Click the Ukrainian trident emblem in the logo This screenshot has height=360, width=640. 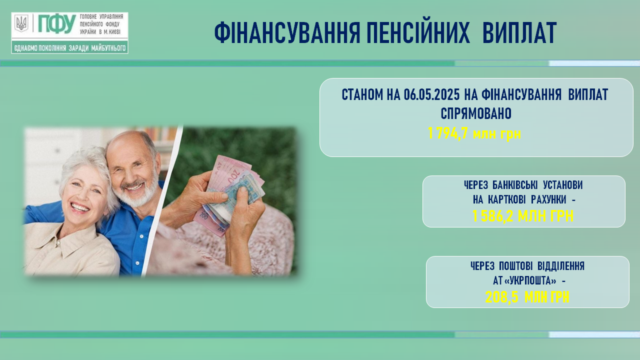tap(21, 23)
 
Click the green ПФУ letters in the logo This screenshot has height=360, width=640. tap(57, 23)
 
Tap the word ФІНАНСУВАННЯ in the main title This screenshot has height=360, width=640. tap(287, 33)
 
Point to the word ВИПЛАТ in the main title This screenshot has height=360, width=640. tap(519, 33)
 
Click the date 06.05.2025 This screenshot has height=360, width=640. tap(431, 95)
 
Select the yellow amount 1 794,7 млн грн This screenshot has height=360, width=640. tap(474, 133)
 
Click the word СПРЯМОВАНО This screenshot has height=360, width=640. tap(476, 113)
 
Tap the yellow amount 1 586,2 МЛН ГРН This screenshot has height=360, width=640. tap(523, 216)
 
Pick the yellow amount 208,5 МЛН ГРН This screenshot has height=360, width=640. tap(527, 297)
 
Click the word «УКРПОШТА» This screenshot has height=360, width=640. tap(530, 281)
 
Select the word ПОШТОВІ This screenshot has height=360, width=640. tap(515, 266)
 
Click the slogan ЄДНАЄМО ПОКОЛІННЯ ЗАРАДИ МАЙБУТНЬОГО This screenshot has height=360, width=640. tap(70, 48)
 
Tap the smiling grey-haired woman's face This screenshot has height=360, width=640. tap(83, 191)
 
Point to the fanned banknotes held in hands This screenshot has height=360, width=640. tap(228, 194)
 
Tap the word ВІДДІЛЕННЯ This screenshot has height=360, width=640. tap(561, 266)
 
